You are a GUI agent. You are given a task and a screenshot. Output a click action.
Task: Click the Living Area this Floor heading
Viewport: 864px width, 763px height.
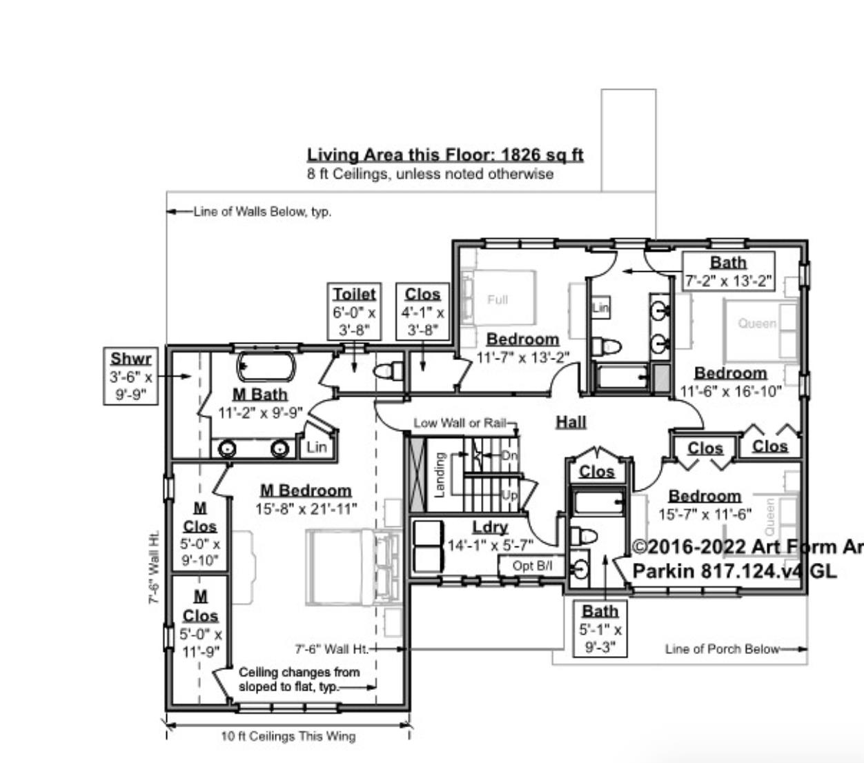[x=445, y=155]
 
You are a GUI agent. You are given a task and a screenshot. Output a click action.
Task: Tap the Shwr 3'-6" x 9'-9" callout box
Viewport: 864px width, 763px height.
[x=130, y=377]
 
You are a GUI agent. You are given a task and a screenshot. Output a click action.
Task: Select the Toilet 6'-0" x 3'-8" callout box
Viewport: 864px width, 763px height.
[x=354, y=312]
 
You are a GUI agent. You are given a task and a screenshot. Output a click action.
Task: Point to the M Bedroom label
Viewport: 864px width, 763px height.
[x=305, y=490]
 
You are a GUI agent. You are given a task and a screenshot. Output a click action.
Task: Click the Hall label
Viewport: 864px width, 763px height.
[x=571, y=422]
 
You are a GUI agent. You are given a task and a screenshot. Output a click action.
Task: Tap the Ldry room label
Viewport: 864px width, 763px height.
[x=490, y=528]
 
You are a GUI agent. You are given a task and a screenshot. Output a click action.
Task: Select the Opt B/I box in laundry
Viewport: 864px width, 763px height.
[x=532, y=566]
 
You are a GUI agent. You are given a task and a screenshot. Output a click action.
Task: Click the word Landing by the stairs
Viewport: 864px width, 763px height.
[x=438, y=474]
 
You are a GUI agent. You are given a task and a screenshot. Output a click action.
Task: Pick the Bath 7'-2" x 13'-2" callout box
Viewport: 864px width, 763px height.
[x=728, y=272]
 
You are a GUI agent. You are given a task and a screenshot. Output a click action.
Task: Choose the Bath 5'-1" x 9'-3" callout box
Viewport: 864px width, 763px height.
[x=600, y=628]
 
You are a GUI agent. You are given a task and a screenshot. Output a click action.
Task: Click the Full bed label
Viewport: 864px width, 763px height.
[x=497, y=299]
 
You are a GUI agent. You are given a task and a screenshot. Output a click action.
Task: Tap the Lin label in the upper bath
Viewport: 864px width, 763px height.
[x=600, y=308]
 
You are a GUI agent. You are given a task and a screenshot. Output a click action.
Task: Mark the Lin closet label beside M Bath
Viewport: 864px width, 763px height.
[x=316, y=447]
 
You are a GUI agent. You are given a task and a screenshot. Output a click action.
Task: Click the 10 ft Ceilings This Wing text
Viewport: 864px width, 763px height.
[x=288, y=736]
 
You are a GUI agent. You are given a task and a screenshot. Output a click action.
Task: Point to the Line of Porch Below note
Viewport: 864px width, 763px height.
[x=722, y=648]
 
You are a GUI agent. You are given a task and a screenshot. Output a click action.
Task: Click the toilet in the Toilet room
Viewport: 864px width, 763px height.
[x=389, y=370]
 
